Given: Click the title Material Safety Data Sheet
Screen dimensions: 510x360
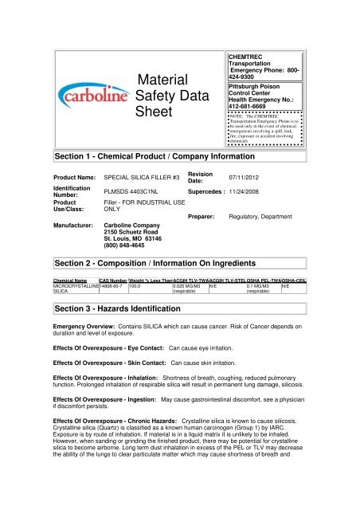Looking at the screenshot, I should pos(165,96).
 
